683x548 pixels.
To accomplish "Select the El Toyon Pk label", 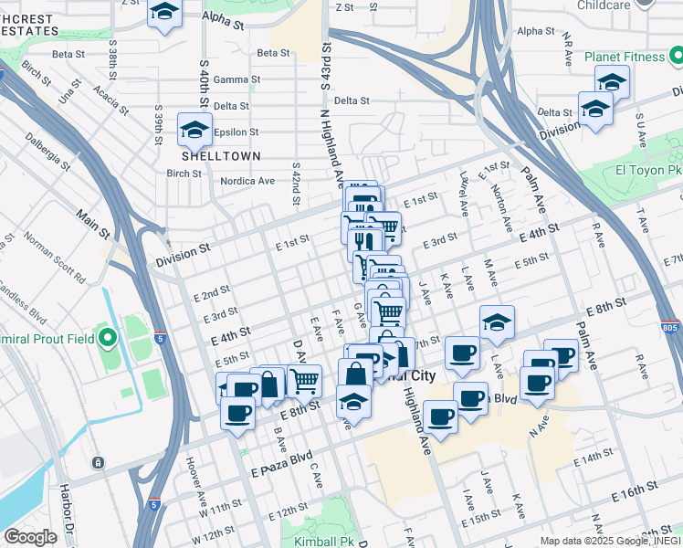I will (648, 170).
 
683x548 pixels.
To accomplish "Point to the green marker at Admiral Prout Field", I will (108, 340).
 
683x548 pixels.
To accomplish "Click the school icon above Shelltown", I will (194, 131).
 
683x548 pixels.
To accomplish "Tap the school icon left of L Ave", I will (496, 322).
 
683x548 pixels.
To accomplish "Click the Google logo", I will (30, 536).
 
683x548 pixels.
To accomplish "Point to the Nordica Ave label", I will (247, 181).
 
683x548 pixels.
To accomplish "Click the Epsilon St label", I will (236, 132).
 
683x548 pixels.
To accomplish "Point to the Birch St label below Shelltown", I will (184, 173).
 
